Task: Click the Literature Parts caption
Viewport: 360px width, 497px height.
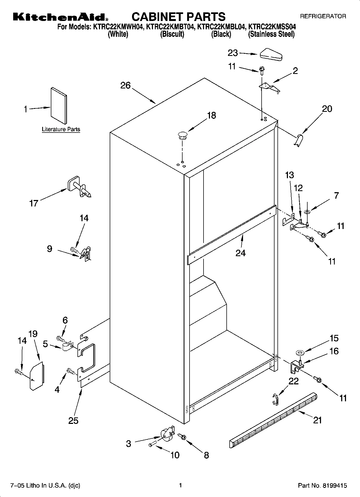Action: pyautogui.click(x=61, y=129)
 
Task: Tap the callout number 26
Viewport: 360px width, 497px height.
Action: pyautogui.click(x=125, y=85)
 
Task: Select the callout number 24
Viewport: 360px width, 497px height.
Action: pyautogui.click(x=240, y=253)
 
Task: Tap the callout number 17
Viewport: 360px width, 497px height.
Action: pyautogui.click(x=34, y=203)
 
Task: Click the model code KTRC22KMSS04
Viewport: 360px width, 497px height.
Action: pyautogui.click(x=272, y=27)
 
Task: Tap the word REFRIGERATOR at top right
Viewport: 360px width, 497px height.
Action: pyautogui.click(x=323, y=16)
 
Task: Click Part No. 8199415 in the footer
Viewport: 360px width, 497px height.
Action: pyautogui.click(x=322, y=485)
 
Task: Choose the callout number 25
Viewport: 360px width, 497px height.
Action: pyautogui.click(x=73, y=420)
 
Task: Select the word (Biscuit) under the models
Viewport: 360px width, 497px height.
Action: pyautogui.click(x=172, y=34)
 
